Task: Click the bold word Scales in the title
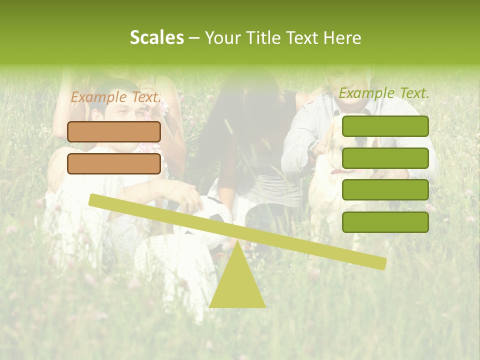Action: (x=156, y=38)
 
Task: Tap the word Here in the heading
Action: (x=342, y=38)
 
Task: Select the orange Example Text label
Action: (x=115, y=97)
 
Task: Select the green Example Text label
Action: (x=384, y=93)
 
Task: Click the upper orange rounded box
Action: (x=114, y=131)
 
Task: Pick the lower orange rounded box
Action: (x=114, y=163)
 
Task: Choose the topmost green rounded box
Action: (x=385, y=126)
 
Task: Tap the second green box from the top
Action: (x=385, y=158)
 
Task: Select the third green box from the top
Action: (x=385, y=190)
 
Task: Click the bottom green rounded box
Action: (x=385, y=222)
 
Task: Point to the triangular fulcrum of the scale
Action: (x=237, y=285)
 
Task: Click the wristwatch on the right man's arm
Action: (x=313, y=147)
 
